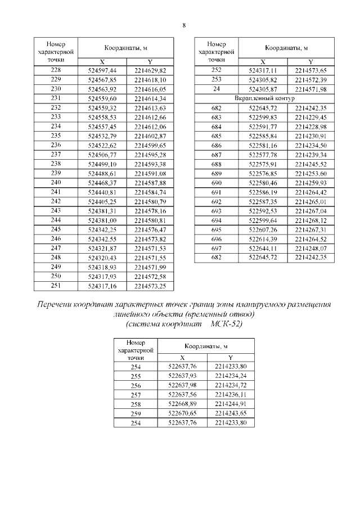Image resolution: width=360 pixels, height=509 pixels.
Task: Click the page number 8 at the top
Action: pyautogui.click(x=184, y=25)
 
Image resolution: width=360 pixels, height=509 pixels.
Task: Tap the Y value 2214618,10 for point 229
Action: pyautogui.click(x=150, y=80)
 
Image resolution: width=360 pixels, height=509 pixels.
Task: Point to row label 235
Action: pyautogui.click(x=56, y=136)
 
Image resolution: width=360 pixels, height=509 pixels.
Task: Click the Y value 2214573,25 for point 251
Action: pyautogui.click(x=150, y=286)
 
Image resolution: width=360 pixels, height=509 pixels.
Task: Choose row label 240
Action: pyautogui.click(x=56, y=182)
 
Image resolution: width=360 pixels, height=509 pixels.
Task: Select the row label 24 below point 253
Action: pyautogui.click(x=216, y=89)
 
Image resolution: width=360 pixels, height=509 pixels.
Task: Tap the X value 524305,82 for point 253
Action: pyautogui.click(x=263, y=80)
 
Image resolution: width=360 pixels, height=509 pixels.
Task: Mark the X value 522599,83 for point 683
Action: pyautogui.click(x=263, y=117)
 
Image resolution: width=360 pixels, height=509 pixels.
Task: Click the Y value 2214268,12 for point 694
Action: pyautogui.click(x=310, y=220)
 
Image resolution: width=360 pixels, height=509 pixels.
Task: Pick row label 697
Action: pyautogui.click(x=216, y=248)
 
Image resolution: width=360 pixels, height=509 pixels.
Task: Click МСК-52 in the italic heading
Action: pyautogui.click(x=227, y=325)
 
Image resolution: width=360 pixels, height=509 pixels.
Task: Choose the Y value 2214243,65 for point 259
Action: pyautogui.click(x=231, y=413)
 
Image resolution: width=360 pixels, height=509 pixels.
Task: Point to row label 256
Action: pyautogui.click(x=136, y=386)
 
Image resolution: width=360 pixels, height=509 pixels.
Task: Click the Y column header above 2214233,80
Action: pyautogui.click(x=231, y=358)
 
